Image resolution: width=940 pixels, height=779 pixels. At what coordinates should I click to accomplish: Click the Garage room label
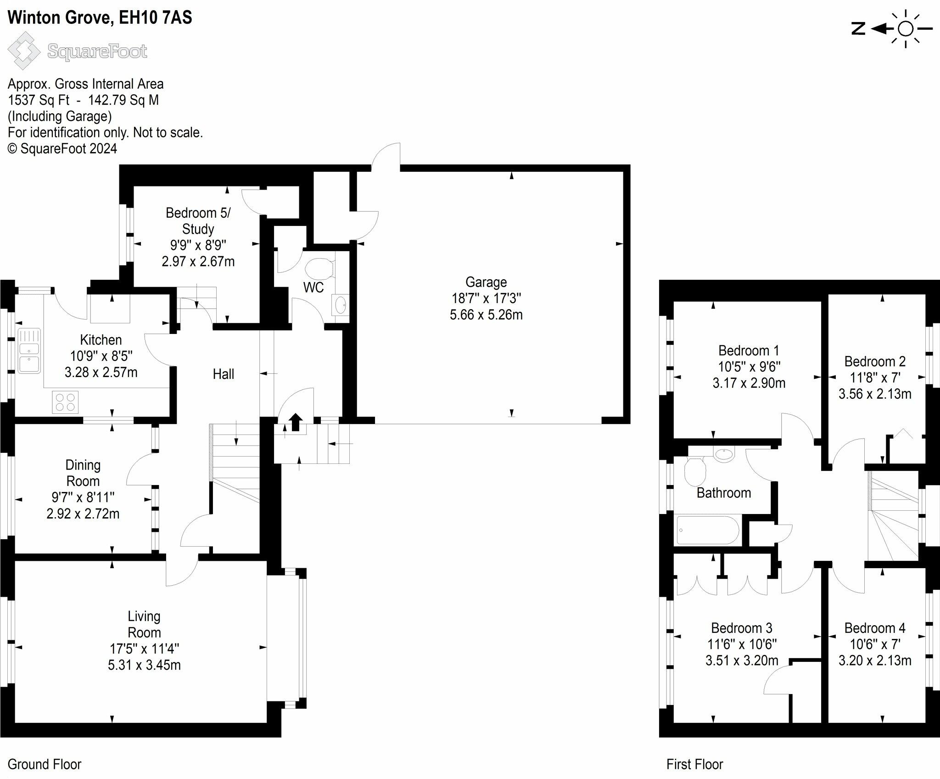pyautogui.click(x=486, y=282)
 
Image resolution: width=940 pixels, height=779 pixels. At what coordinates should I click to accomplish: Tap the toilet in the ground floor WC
pyautogui.click(x=320, y=268)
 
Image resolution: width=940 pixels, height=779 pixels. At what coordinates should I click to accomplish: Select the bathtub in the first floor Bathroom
pyautogui.click(x=708, y=530)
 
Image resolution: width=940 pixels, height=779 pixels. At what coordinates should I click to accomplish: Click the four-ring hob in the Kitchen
pyautogui.click(x=65, y=402)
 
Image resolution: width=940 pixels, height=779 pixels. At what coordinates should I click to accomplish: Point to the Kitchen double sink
pyautogui.click(x=29, y=351)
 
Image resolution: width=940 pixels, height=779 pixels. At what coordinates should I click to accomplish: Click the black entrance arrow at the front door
pyautogui.click(x=296, y=422)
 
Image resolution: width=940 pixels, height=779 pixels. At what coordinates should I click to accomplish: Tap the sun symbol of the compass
pyautogui.click(x=905, y=29)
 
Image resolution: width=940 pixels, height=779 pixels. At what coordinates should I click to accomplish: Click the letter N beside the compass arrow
pyautogui.click(x=858, y=29)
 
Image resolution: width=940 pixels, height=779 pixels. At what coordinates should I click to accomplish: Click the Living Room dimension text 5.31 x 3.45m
pyautogui.click(x=144, y=665)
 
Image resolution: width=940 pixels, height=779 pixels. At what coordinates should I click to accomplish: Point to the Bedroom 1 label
pyautogui.click(x=749, y=350)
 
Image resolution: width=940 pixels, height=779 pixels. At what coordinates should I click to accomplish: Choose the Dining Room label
pyautogui.click(x=83, y=473)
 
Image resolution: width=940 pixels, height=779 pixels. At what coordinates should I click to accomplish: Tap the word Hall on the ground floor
pyautogui.click(x=224, y=374)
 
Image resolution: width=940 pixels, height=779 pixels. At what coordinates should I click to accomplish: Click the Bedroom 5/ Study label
pyautogui.click(x=198, y=221)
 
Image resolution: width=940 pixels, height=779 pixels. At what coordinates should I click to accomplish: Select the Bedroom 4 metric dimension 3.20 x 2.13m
pyautogui.click(x=875, y=660)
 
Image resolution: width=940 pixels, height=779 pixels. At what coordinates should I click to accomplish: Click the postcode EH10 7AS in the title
pyautogui.click(x=155, y=17)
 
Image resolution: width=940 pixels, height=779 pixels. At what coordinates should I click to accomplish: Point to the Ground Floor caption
pyautogui.click(x=45, y=764)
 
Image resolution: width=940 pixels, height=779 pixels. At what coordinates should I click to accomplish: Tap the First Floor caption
pyautogui.click(x=694, y=764)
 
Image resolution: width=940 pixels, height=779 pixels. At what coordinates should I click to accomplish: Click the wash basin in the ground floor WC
pyautogui.click(x=341, y=305)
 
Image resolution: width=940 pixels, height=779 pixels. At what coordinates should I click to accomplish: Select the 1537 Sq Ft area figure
pyautogui.click(x=39, y=100)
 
